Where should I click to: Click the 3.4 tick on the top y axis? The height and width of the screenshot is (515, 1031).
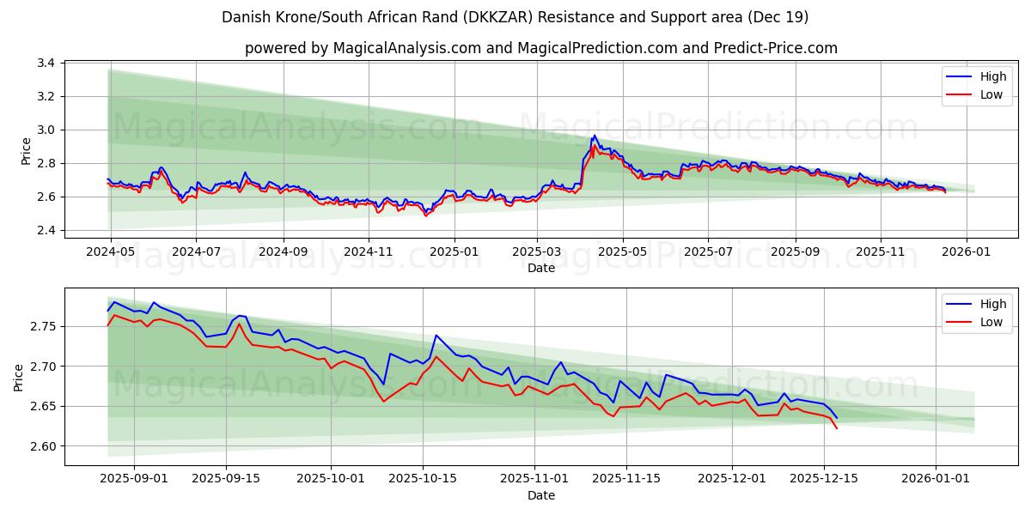pyautogui.click(x=45, y=63)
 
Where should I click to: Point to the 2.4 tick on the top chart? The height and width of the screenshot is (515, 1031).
pyautogui.click(x=45, y=230)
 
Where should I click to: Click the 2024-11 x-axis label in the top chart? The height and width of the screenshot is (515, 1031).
pyautogui.click(x=367, y=251)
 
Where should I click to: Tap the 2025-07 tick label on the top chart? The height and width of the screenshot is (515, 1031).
pyautogui.click(x=708, y=251)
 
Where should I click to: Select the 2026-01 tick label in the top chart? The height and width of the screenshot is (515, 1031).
pyautogui.click(x=967, y=251)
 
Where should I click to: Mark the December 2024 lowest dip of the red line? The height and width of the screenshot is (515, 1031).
pyautogui.click(x=425, y=215)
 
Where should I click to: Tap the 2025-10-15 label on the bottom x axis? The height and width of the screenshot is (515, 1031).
pyautogui.click(x=422, y=479)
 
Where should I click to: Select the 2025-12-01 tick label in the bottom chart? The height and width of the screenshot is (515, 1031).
pyautogui.click(x=732, y=479)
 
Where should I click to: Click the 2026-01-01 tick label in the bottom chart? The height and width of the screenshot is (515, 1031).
pyautogui.click(x=936, y=479)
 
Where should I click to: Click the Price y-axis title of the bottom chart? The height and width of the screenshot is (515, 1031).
pyautogui.click(x=19, y=377)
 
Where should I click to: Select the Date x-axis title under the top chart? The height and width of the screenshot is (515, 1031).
pyautogui.click(x=541, y=268)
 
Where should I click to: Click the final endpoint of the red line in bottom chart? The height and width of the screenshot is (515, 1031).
pyautogui.click(x=837, y=428)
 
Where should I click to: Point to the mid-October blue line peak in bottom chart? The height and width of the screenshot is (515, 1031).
pyautogui.click(x=436, y=336)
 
